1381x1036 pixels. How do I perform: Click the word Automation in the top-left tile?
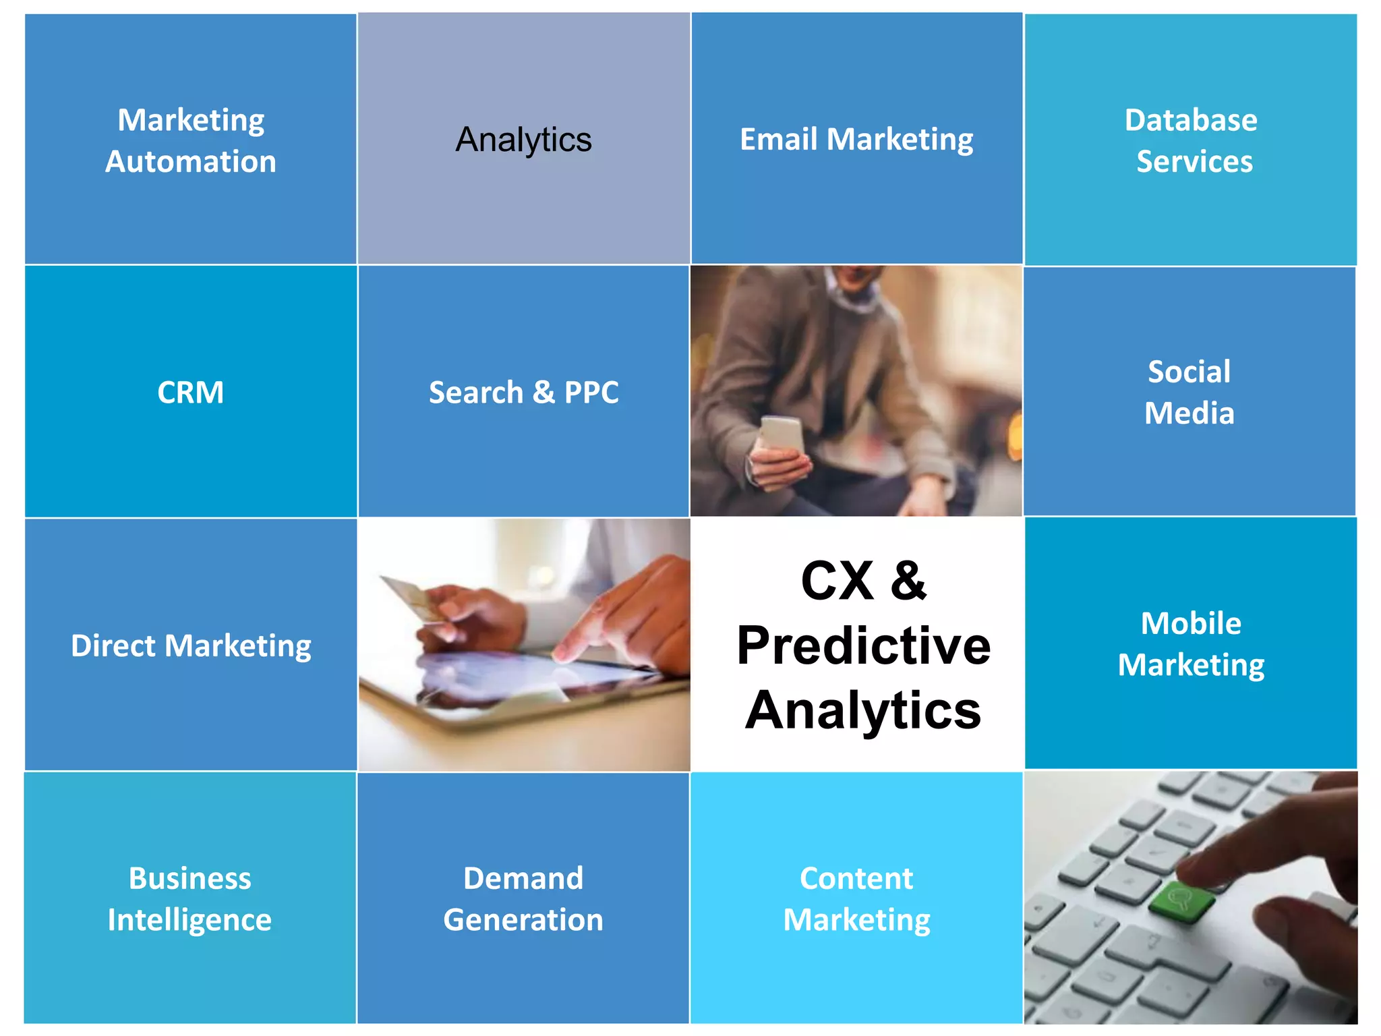191,162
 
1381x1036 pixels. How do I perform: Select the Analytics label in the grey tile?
523,140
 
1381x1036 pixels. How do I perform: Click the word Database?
1191,120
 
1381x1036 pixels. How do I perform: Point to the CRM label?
190,393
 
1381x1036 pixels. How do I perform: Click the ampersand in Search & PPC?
543,393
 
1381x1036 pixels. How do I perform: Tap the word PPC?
591,393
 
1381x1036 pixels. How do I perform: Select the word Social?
1189,372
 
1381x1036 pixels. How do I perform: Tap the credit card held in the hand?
411,597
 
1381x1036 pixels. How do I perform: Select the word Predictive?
863,645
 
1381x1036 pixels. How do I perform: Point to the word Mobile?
1191,623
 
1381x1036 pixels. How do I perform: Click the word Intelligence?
189,920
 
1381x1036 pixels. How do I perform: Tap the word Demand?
523,878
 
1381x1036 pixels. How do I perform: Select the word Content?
856,878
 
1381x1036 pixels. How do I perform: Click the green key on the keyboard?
1180,899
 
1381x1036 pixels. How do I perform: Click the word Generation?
523,920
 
